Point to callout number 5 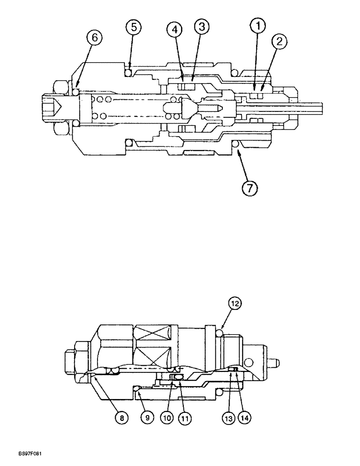133,27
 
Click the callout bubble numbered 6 94,38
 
